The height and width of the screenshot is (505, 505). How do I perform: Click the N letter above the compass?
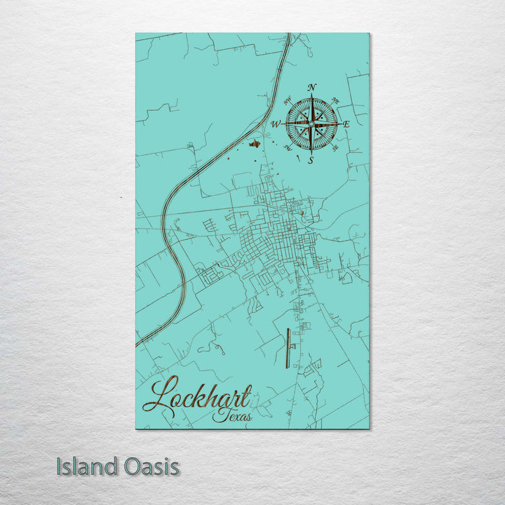tap(312, 87)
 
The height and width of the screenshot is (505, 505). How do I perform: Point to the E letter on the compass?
tap(346, 123)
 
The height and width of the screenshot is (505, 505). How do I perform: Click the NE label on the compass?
tap(335, 100)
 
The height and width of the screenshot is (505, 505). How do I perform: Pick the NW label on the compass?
tap(288, 100)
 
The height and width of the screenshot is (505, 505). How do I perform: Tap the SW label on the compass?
tap(288, 148)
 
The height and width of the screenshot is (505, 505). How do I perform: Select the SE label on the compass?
tap(335, 148)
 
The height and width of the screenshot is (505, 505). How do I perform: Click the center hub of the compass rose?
tap(311, 123)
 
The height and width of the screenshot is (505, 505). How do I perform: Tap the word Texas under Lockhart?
tap(234, 417)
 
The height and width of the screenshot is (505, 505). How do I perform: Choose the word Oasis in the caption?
tap(151, 466)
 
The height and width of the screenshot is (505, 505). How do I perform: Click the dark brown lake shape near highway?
tap(255, 144)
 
